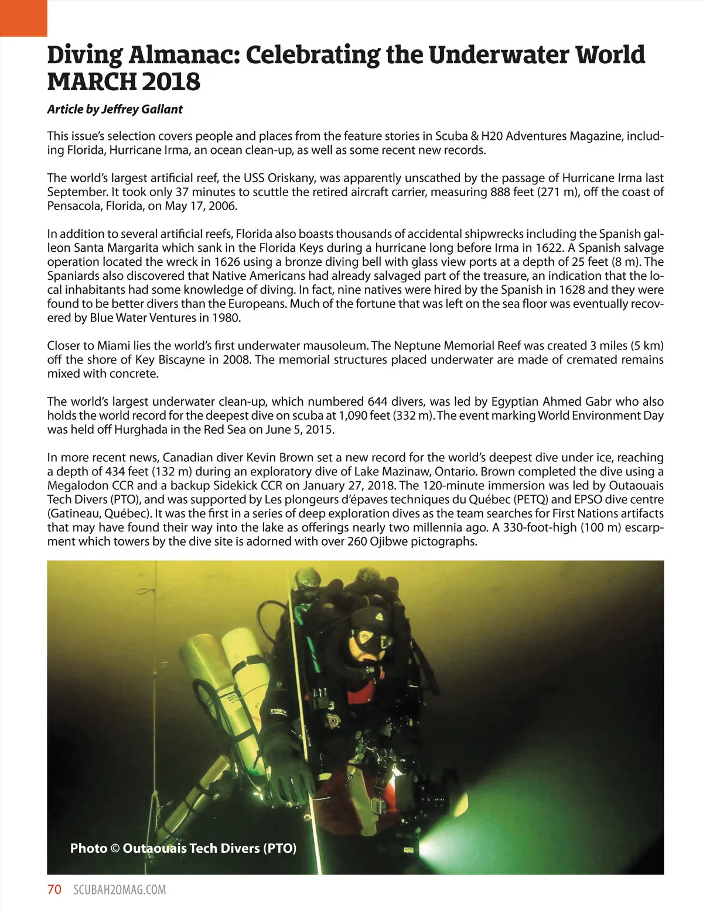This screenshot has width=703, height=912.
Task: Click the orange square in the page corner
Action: tap(23, 18)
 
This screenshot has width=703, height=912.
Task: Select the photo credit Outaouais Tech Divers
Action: tap(208, 848)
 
